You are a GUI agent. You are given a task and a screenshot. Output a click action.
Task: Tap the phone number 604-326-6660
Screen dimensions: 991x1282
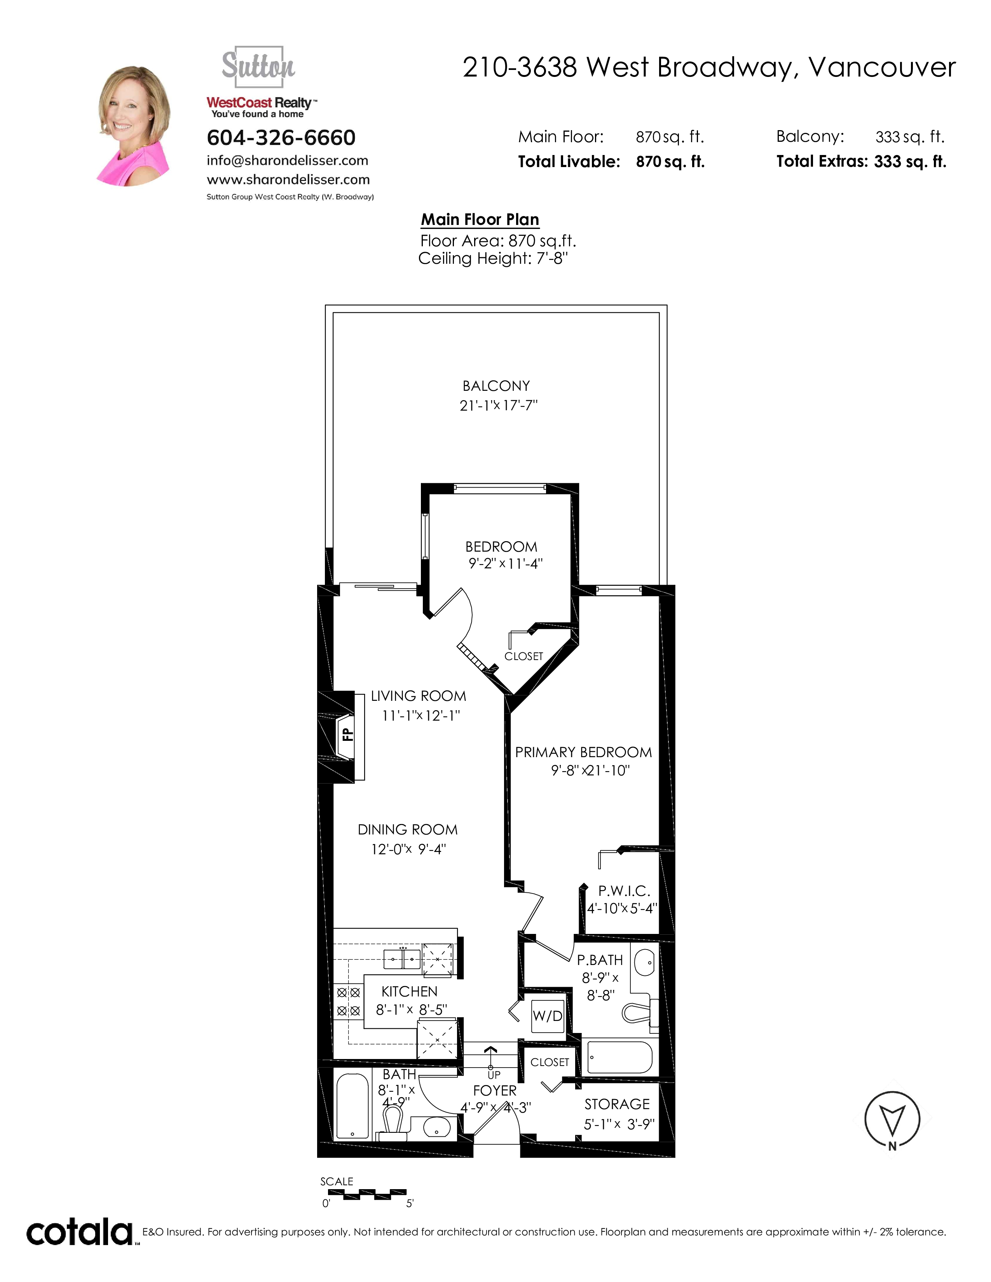(281, 138)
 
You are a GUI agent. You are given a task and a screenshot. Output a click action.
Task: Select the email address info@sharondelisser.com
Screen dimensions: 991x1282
(288, 161)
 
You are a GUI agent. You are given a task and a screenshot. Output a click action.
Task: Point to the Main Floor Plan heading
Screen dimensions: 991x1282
(480, 219)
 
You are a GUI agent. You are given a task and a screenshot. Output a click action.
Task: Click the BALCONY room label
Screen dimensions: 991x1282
(496, 386)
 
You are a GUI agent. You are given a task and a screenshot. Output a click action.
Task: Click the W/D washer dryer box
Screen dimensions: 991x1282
(548, 1015)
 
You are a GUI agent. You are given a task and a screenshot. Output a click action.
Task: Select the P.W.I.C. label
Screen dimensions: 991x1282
(624, 891)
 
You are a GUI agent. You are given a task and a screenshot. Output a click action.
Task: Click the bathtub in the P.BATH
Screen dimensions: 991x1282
(620, 1057)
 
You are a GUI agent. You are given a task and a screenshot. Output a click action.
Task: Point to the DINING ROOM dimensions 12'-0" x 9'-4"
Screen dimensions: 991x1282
(408, 849)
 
